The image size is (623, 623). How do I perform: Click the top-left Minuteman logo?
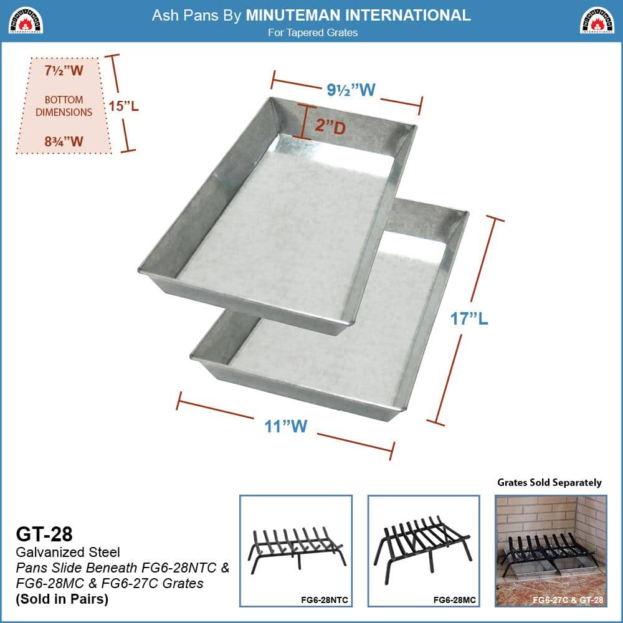[x=25, y=20]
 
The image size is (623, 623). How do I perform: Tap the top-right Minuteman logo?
[x=597, y=20]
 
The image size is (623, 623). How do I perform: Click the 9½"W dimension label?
[x=351, y=90]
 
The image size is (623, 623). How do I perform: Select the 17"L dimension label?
[x=469, y=319]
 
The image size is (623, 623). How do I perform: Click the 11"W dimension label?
[x=285, y=427]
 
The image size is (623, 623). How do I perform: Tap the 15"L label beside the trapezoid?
[x=123, y=105]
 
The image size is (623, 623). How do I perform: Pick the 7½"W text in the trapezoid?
[x=64, y=70]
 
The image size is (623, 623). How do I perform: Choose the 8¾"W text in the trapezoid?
[x=64, y=141]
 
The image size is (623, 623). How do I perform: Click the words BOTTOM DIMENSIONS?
[x=64, y=106]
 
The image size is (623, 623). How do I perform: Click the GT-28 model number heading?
[x=44, y=534]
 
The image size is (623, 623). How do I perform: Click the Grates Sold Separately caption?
[x=549, y=482]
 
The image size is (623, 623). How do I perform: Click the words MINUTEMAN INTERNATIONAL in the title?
[x=358, y=15]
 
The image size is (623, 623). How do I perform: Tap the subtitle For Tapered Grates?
[x=313, y=32]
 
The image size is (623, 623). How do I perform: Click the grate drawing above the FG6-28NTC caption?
[x=295, y=548]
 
